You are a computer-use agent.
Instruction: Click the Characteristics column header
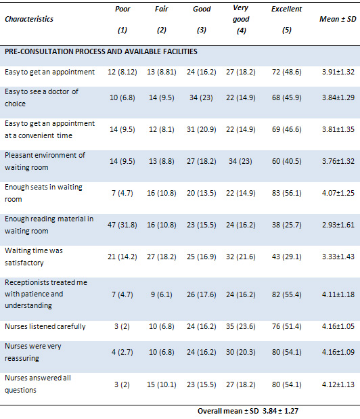pos(29,19)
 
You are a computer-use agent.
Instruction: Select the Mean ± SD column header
pos(338,19)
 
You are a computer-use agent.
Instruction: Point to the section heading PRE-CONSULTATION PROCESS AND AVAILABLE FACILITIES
pos(101,51)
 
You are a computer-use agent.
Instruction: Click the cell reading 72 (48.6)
pos(286,72)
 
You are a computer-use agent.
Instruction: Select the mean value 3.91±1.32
pos(338,72)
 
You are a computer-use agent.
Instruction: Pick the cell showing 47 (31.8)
pos(122,225)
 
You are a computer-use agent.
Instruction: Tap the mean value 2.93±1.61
pos(338,225)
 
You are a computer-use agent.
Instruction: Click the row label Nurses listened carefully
pos(45,326)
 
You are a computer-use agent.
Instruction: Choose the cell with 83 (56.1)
pos(286,193)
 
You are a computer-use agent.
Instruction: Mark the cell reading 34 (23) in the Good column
pos(201,97)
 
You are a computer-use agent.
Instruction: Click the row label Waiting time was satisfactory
pos(34,257)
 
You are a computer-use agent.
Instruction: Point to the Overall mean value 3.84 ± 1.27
pos(280,411)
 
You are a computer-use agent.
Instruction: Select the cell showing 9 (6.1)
pos(162,294)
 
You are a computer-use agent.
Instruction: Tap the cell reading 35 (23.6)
pos(241,326)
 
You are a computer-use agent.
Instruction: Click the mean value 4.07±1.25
pos(338,193)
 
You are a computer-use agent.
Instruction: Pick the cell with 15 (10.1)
pos(162,384)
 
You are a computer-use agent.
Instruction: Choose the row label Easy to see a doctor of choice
pos(41,97)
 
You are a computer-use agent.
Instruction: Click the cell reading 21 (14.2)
pos(122,257)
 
